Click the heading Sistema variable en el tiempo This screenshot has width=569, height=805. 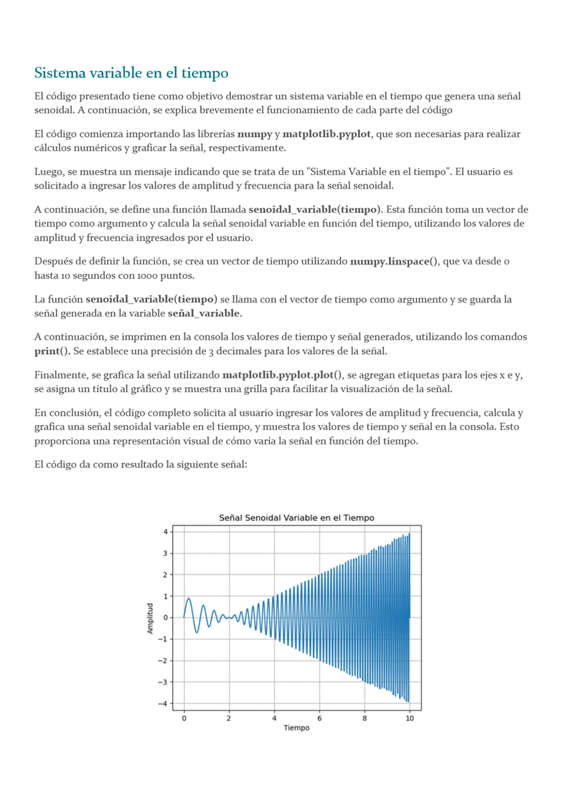131,73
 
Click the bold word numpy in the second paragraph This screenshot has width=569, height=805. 254,134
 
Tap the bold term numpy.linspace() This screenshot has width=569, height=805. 394,262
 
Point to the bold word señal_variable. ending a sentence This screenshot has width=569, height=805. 204,313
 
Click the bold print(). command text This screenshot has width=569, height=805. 52,351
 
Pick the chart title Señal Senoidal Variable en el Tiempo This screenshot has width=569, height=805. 296,518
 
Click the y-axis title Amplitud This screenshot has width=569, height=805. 151,618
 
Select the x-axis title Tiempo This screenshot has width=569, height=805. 296,728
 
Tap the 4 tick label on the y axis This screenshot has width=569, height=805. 166,532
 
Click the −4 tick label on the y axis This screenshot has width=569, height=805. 164,703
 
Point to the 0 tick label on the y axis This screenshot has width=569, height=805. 166,617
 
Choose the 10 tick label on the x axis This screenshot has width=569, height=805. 409,718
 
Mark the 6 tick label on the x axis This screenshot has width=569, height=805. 319,718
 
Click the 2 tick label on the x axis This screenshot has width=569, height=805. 229,718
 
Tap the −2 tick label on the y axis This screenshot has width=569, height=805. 164,660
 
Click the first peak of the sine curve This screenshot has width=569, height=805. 189,599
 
